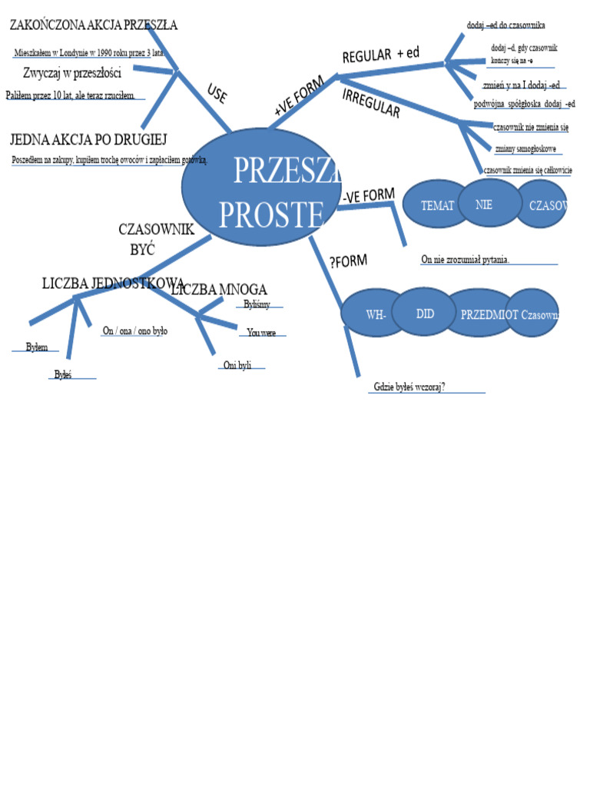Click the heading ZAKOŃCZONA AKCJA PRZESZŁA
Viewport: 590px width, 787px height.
click(x=93, y=25)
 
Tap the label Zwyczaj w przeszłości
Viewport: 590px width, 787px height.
click(x=72, y=73)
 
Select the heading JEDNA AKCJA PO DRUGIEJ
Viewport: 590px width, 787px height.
click(x=88, y=139)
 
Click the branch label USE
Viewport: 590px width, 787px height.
click(x=217, y=94)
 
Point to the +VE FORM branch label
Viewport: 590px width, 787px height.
click(x=298, y=96)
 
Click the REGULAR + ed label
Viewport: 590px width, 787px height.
click(x=380, y=55)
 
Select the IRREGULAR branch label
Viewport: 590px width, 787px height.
click(x=370, y=103)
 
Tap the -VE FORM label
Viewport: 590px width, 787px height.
click(x=369, y=196)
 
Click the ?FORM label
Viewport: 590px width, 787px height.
click(x=348, y=262)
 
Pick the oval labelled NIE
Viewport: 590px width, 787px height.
click(x=484, y=204)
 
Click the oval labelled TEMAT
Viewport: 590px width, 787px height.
click(x=436, y=206)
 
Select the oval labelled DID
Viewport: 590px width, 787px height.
click(x=425, y=313)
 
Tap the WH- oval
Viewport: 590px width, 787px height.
click(x=376, y=315)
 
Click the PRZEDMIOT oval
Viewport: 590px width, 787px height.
click(x=480, y=315)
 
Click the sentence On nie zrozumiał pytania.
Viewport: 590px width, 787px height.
click(x=465, y=260)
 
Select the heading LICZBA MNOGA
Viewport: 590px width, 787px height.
click(x=220, y=289)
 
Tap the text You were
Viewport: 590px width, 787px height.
click(x=261, y=333)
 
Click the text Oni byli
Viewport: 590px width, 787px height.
click(x=237, y=365)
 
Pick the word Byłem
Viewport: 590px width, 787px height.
click(x=36, y=347)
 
